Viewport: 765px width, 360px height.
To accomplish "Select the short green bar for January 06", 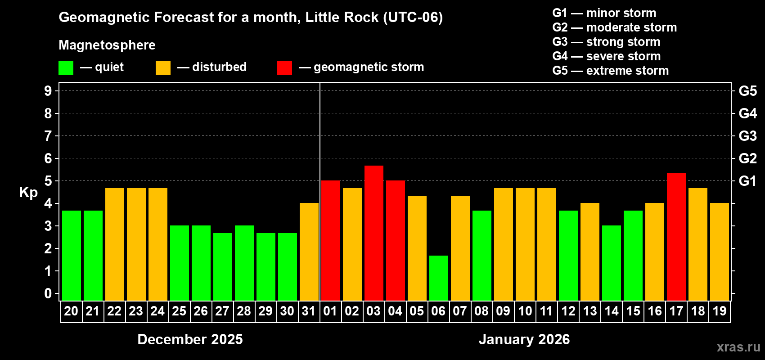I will point(438,278).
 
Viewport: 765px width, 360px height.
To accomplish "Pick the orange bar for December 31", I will point(309,252).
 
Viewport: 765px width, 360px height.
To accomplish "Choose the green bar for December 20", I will point(71,255).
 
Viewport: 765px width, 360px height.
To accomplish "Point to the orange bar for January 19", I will point(719,252).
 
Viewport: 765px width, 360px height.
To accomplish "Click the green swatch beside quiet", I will point(66,68).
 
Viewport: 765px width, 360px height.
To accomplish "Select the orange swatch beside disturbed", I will point(163,68).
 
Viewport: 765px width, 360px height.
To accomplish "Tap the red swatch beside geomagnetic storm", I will point(284,68).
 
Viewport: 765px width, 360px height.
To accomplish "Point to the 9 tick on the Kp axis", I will point(48,91).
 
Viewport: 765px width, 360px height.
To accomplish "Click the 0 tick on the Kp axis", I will point(48,294).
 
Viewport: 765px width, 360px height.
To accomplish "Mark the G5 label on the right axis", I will point(747,91).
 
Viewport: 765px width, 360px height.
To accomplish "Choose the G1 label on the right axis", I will point(747,181).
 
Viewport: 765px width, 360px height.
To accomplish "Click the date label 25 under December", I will point(179,311).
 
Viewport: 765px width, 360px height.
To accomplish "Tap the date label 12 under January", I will point(568,311).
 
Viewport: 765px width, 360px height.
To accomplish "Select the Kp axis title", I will point(28,193).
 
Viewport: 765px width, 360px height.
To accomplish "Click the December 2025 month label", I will point(190,339).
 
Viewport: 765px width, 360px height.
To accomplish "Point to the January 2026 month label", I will point(524,339).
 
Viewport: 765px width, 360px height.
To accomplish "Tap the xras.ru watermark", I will point(738,347).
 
